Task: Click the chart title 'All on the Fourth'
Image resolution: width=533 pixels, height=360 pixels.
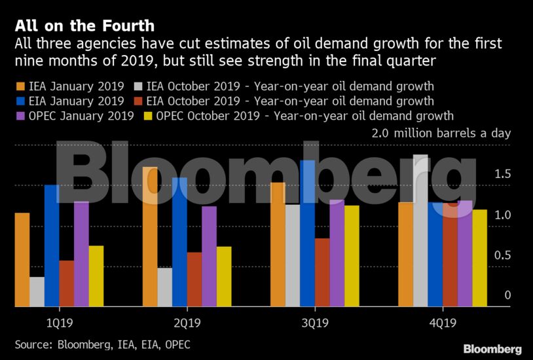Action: [85, 26]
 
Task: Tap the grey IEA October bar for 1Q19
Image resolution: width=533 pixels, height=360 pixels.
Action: [37, 291]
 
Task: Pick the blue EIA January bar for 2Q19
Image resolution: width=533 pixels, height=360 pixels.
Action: [179, 242]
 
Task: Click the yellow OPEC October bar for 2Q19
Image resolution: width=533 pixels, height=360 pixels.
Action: [224, 276]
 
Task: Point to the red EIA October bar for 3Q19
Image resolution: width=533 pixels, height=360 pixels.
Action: [322, 272]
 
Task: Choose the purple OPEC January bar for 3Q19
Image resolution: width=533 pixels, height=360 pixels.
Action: [337, 253]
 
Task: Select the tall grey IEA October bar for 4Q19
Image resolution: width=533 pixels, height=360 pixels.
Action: [420, 230]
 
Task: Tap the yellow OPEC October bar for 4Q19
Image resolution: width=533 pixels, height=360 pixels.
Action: [479, 258]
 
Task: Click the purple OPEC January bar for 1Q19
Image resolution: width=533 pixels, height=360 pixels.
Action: [81, 253]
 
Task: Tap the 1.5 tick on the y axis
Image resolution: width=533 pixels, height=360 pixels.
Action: [502, 174]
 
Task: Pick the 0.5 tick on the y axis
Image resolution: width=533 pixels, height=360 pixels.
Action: [502, 255]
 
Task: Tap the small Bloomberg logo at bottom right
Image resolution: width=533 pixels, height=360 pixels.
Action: [492, 348]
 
